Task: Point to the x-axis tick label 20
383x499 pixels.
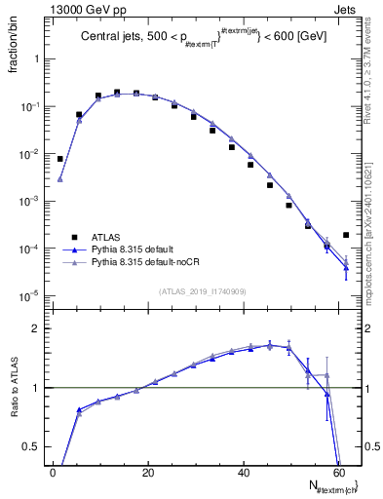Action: (x=148, y=473)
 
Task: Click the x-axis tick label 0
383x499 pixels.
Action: (x=54, y=473)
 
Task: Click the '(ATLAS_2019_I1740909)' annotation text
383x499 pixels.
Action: (x=202, y=289)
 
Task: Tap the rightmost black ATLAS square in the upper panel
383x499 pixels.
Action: (x=346, y=235)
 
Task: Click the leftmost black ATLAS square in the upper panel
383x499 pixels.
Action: (x=59, y=158)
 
